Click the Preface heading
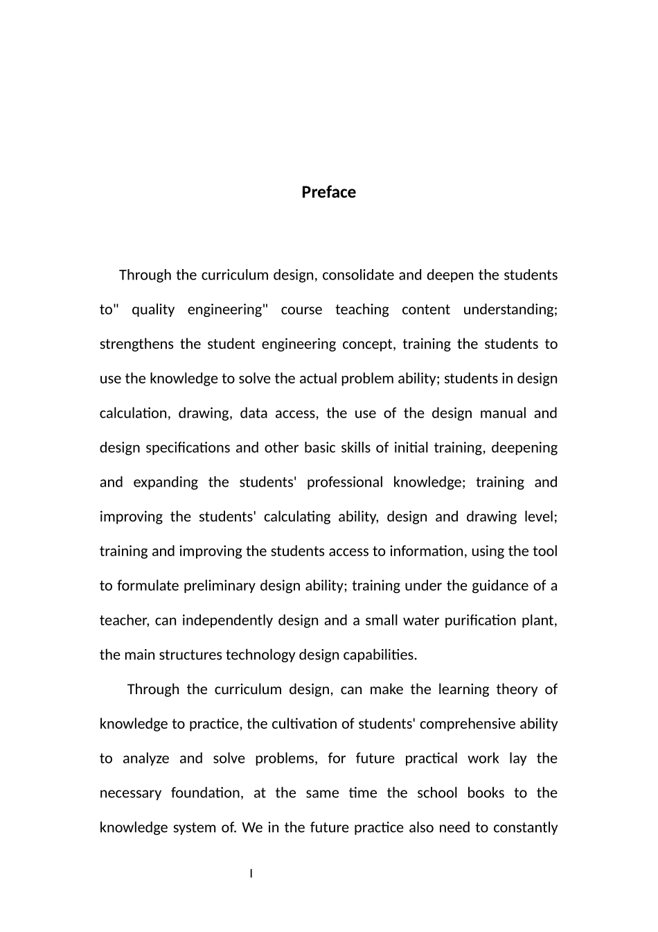click(x=328, y=192)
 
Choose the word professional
click(x=345, y=482)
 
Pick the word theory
click(x=517, y=689)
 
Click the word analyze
click(x=145, y=759)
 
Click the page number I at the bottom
click(x=251, y=873)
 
